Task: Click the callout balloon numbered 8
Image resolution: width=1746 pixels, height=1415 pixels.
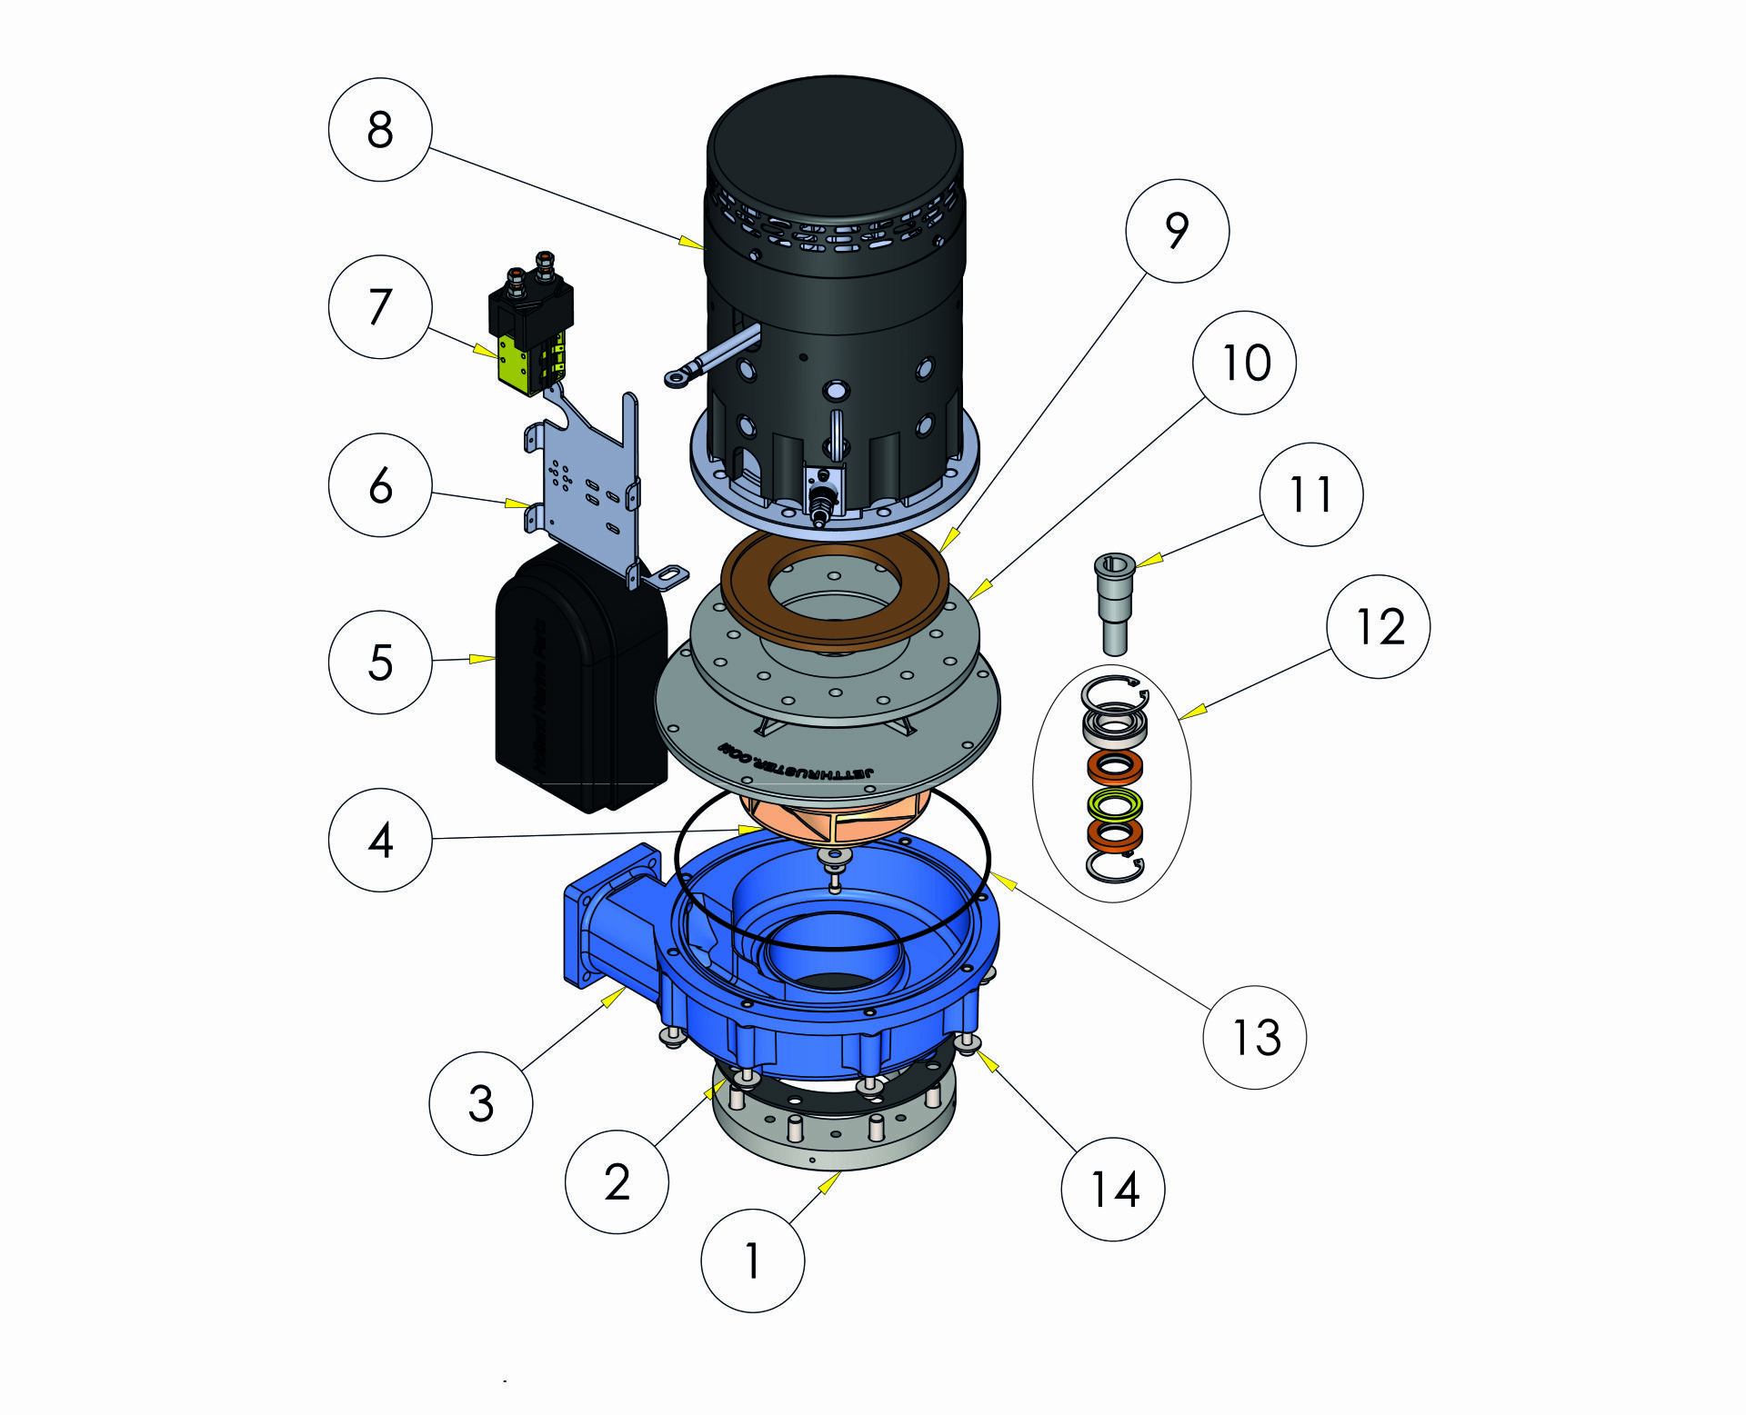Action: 379,129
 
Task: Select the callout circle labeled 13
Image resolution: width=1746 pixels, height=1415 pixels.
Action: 1254,1037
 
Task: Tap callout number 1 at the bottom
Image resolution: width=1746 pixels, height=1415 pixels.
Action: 752,1260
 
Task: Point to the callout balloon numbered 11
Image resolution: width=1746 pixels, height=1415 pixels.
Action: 1310,494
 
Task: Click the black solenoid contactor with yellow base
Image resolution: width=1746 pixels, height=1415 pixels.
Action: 531,332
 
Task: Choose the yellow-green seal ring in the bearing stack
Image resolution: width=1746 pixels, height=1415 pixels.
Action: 1115,803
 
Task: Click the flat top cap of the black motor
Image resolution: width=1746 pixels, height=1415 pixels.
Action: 834,145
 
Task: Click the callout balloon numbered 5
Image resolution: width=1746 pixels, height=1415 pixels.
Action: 379,662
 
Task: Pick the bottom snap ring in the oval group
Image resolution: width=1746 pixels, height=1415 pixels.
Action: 1115,867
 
